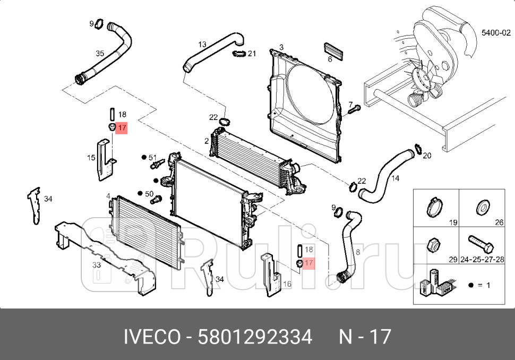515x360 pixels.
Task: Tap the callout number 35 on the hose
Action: click(x=100, y=54)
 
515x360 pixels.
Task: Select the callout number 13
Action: click(x=202, y=44)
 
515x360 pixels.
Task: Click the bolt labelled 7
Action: click(x=354, y=109)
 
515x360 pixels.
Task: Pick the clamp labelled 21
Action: click(x=239, y=53)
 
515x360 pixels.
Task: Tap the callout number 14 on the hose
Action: click(x=395, y=178)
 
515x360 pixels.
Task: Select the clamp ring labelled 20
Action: click(x=417, y=150)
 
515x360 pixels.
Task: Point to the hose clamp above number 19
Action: click(x=435, y=206)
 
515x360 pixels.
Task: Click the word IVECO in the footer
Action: click(x=151, y=337)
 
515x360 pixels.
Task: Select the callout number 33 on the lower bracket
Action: click(x=96, y=264)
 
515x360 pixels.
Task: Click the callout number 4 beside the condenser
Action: click(x=108, y=196)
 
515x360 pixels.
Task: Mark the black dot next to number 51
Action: click(x=143, y=157)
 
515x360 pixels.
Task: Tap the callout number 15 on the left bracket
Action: click(x=91, y=157)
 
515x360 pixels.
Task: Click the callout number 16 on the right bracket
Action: click(x=287, y=285)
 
